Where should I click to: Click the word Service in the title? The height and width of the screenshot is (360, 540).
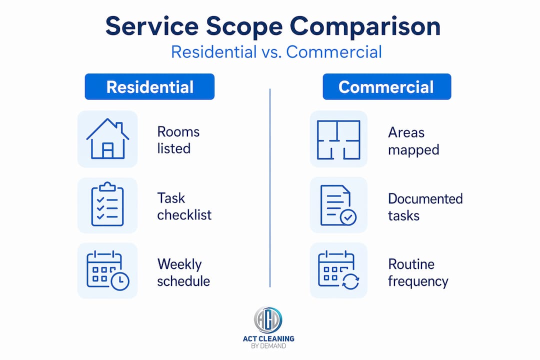tap(152, 26)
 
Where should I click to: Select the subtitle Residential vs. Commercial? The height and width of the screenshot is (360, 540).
tap(276, 52)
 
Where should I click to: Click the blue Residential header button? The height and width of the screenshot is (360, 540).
tap(149, 86)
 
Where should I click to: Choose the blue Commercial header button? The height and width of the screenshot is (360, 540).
tap(386, 86)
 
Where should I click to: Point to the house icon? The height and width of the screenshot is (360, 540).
tap(107, 138)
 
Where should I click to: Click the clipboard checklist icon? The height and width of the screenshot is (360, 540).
tap(107, 204)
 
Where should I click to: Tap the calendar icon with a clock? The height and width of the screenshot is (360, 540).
tap(108, 271)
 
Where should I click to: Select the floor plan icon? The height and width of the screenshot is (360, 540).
tap(338, 139)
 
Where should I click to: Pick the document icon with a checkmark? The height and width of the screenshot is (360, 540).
tap(338, 205)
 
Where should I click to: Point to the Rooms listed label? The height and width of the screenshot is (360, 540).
tap(178, 140)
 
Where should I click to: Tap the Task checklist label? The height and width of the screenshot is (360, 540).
tap(184, 206)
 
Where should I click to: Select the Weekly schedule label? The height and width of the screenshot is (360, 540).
tap(183, 272)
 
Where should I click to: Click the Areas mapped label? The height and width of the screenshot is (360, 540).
tap(413, 141)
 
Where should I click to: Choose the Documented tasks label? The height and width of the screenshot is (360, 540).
tap(425, 207)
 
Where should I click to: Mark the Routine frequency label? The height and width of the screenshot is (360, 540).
tap(418, 273)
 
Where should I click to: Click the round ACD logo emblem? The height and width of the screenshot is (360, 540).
tap(268, 319)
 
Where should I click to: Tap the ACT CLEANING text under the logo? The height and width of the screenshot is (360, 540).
tap(268, 338)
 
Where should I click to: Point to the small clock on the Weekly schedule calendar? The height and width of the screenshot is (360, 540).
tap(120, 281)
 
